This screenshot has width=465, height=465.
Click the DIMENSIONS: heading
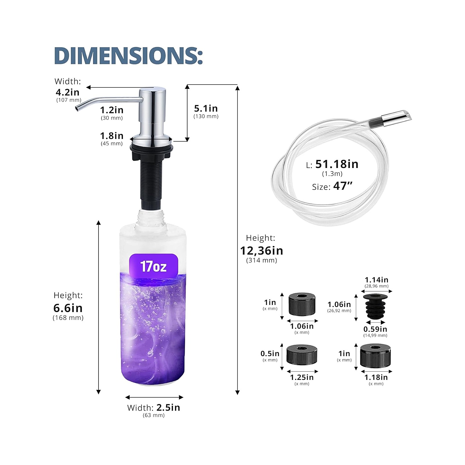128,56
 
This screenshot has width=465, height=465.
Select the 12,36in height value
262,251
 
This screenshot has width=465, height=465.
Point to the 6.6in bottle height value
68,308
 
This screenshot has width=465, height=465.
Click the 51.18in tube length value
337,164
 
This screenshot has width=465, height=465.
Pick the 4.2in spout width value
67,92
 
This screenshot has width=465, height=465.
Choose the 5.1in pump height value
206,108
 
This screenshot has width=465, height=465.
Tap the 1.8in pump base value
112,136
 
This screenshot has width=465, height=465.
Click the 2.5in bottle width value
168,407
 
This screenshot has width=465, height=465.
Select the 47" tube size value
343,186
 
